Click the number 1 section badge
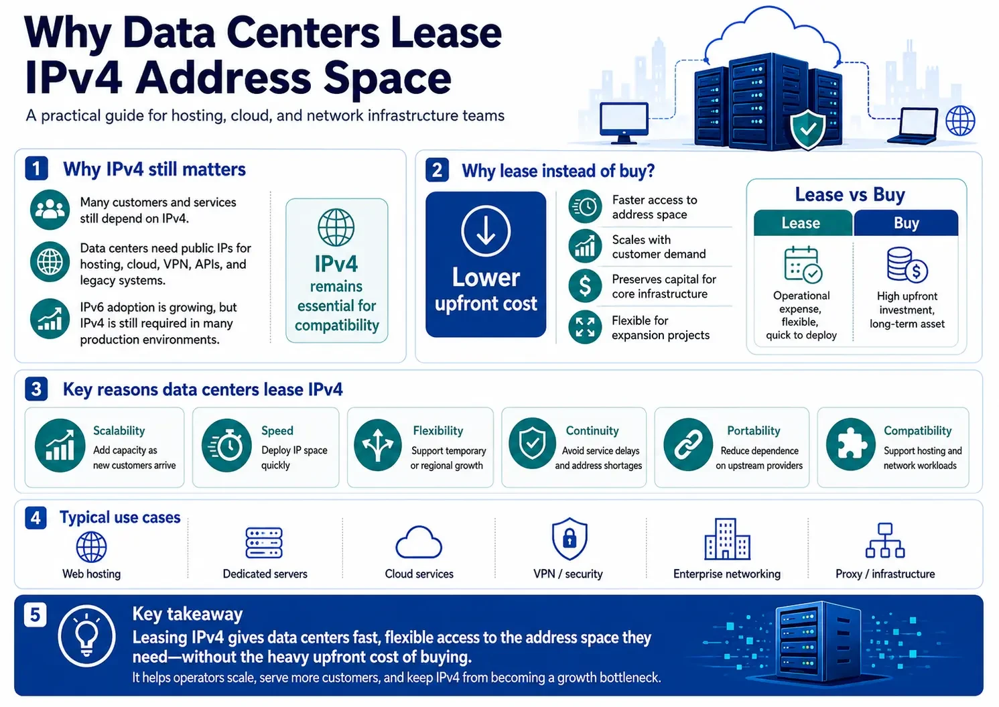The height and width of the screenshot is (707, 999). [37, 168]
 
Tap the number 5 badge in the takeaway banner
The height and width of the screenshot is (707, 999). [36, 615]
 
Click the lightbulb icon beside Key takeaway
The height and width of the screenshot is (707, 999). [86, 636]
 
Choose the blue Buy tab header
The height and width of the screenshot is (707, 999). [907, 222]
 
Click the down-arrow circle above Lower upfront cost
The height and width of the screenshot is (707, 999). [486, 231]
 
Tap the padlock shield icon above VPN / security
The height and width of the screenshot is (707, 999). [570, 538]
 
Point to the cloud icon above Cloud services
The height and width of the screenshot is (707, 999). [419, 542]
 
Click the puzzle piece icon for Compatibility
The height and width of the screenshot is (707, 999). [851, 444]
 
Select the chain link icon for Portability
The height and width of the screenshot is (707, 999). [688, 444]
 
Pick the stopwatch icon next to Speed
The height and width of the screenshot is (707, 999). [226, 445]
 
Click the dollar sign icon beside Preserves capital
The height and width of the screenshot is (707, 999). [585, 286]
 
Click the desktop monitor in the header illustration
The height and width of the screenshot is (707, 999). [624, 123]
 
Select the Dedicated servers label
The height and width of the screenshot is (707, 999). [265, 574]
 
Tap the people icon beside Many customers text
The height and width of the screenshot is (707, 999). [50, 209]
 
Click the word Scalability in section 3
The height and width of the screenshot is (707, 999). [119, 430]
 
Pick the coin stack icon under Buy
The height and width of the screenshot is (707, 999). [907, 265]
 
